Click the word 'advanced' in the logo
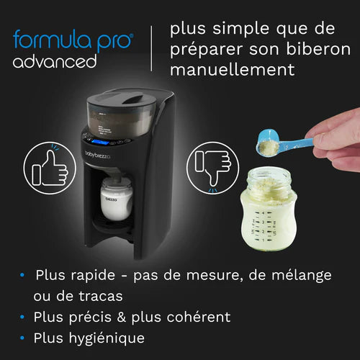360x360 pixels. (x=54, y=61)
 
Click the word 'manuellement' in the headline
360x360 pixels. (x=233, y=70)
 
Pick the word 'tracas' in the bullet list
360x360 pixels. (x=103, y=296)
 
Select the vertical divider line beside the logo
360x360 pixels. (x=151, y=50)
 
